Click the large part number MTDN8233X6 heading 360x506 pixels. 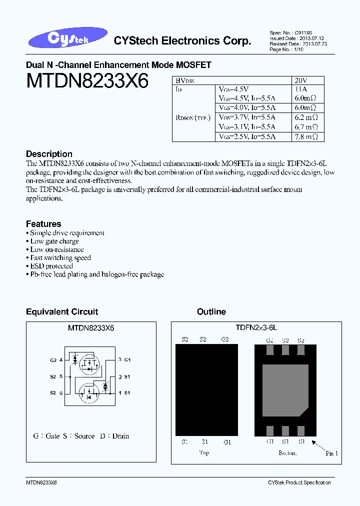(87, 81)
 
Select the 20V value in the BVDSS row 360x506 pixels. (301, 80)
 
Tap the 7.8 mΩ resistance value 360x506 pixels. (307, 136)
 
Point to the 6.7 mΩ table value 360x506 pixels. (307, 127)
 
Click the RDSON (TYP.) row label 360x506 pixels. (193, 117)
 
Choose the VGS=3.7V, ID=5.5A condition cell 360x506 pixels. (247, 117)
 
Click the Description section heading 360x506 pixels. (49, 154)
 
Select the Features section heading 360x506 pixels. (43, 224)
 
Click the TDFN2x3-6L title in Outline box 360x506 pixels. (256, 327)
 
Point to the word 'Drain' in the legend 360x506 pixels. (120, 436)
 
